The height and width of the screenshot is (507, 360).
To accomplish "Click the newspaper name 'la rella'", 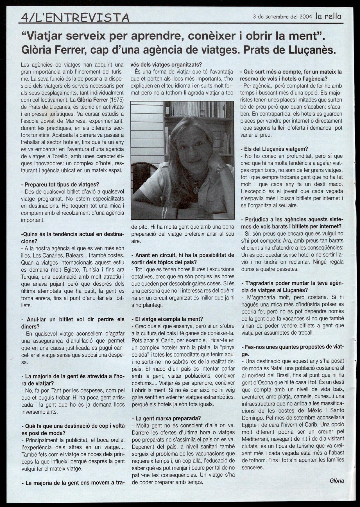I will pyautogui.click(x=328, y=16).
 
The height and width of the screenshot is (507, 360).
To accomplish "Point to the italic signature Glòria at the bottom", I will pyautogui.click(x=337, y=481).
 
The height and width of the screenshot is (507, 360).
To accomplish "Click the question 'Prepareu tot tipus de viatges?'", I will pyautogui.click(x=60, y=184).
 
